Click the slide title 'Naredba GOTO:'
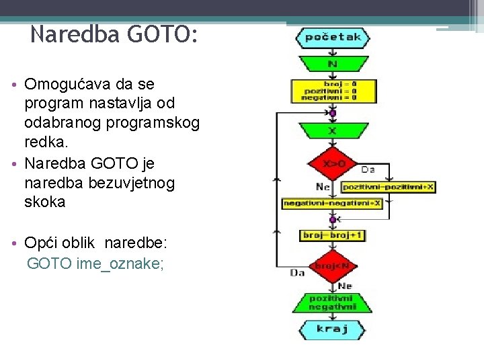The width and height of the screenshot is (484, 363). click(114, 34)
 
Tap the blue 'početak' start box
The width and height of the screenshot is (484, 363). click(333, 38)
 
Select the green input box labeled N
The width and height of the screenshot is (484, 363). click(333, 64)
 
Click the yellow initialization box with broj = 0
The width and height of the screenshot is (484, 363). click(333, 89)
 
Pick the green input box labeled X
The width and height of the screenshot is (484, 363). click(333, 130)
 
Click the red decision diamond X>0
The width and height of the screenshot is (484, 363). click(333, 163)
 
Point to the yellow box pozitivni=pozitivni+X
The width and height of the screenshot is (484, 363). click(389, 187)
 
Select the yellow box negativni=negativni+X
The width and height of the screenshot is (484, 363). click(333, 203)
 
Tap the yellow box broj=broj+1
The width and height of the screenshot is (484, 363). click(333, 235)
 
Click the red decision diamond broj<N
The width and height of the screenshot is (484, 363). click(333, 266)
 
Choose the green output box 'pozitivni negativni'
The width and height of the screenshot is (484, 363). click(333, 302)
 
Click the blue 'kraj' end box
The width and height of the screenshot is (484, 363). click(333, 329)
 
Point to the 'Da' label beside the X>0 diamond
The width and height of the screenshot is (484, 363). click(368, 169)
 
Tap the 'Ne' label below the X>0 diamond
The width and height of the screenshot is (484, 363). click(323, 186)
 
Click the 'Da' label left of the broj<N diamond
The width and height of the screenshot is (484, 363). click(296, 272)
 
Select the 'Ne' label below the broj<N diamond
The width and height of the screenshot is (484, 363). click(345, 286)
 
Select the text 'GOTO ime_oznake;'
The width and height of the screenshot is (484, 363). click(95, 264)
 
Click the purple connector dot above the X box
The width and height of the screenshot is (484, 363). click(333, 113)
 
